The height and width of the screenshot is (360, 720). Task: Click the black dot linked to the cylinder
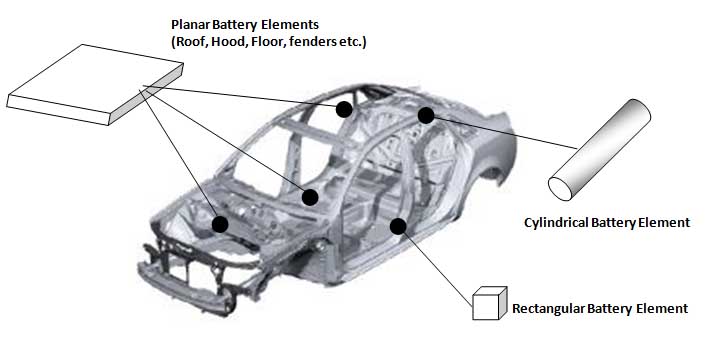[x=426, y=115]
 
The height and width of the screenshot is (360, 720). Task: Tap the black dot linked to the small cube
[x=398, y=226]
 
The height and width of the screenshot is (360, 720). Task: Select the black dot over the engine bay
[x=220, y=224]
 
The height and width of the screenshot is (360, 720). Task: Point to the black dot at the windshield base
[x=310, y=197]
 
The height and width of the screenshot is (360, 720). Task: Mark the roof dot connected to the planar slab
[x=344, y=109]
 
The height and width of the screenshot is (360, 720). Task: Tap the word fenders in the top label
[x=307, y=42]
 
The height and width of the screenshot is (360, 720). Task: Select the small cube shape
[x=489, y=303]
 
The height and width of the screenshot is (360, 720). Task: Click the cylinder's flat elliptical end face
[x=560, y=189]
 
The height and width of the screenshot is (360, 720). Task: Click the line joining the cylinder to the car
[x=501, y=132]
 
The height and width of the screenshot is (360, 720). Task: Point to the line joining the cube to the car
[x=435, y=266]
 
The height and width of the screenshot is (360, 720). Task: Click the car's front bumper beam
[x=186, y=288]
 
